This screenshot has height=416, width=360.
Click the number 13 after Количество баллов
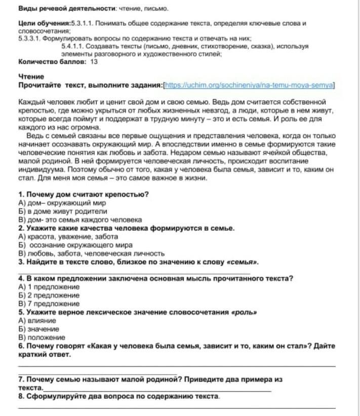[94, 62]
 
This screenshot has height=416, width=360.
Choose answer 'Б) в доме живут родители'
[62, 211]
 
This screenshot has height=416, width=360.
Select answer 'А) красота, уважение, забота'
[68, 236]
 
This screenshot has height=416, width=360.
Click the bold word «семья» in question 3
[243, 262]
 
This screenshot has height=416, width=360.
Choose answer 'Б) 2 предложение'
[49, 295]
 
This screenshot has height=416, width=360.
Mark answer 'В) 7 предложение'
[49, 303]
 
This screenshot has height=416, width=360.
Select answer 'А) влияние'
[36, 320]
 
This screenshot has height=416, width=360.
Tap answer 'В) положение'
[42, 337]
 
